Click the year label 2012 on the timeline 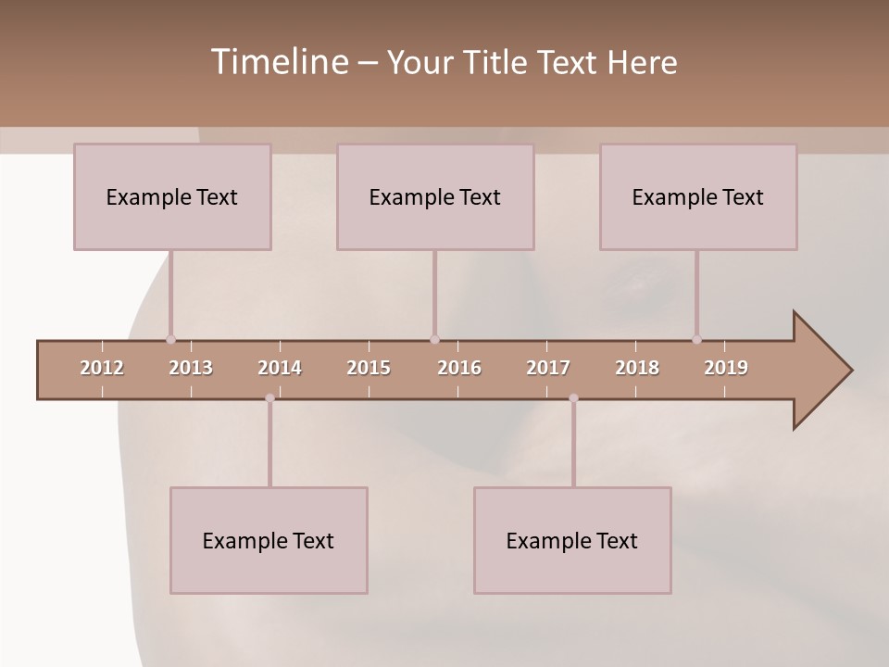point(102,368)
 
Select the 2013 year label point(191,368)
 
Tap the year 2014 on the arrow point(280,368)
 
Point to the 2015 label point(369,368)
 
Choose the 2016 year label point(459,368)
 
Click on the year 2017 point(548,368)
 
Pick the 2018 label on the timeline point(637,368)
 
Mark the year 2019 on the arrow point(726,368)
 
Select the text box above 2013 point(172,196)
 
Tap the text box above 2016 point(435,196)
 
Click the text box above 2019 point(698,196)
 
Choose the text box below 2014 point(269,540)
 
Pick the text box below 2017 point(572,540)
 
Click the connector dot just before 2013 point(170,340)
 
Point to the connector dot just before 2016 point(434,340)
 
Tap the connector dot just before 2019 point(696,340)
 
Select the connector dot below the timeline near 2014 point(269,398)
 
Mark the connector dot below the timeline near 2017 point(573,398)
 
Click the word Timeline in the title point(278,61)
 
